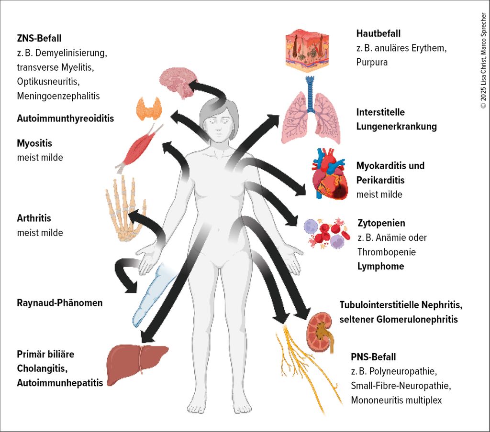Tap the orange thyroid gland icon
click(149, 109)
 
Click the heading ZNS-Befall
click(39, 38)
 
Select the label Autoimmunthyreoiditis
click(66, 118)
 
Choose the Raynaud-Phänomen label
click(59, 302)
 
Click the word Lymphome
click(380, 266)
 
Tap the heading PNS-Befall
click(373, 356)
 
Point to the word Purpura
click(372, 62)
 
